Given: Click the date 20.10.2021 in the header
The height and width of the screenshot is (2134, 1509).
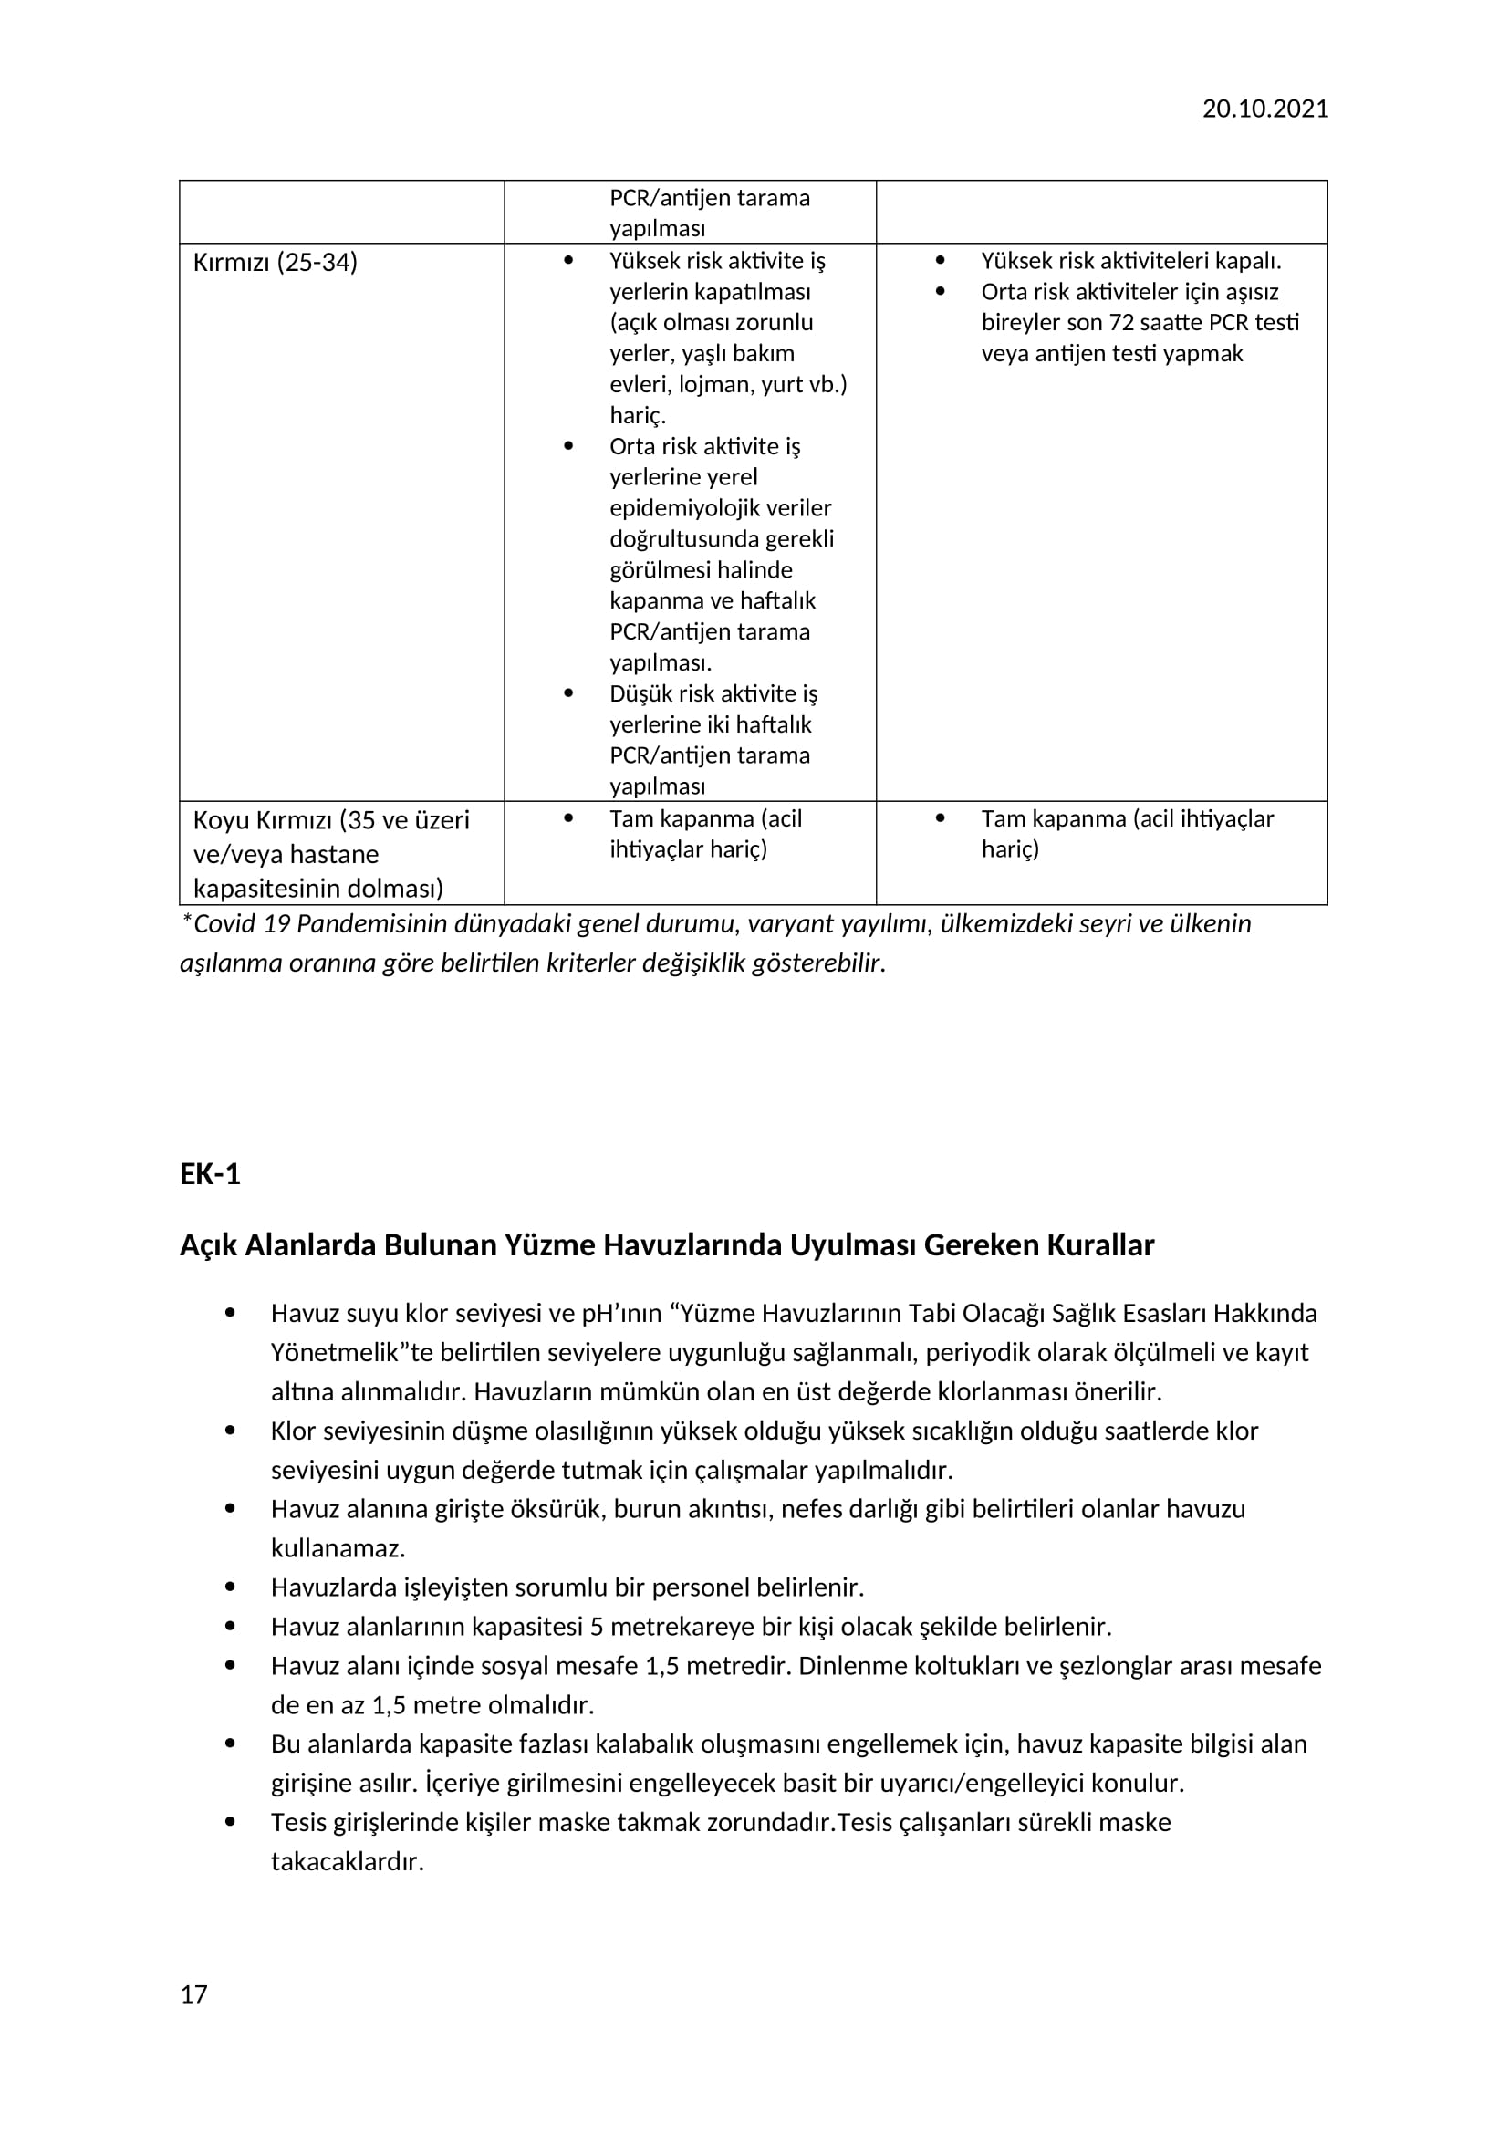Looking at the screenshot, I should (x=1264, y=109).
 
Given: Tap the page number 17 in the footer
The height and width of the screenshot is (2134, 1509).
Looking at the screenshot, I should (x=193, y=1993).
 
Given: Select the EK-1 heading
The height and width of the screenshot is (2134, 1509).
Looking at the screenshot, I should (x=210, y=1174).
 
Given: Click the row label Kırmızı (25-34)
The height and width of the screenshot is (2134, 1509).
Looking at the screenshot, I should (x=275, y=262).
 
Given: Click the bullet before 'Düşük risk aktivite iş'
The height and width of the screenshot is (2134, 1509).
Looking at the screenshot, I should (x=567, y=693).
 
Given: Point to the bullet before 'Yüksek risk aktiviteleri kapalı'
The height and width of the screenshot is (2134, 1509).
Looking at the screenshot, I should (x=940, y=261).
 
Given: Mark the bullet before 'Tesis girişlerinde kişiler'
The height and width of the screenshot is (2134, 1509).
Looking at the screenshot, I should (x=231, y=1822).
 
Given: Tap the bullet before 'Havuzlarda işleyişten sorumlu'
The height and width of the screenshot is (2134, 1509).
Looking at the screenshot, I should (x=231, y=1587).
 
